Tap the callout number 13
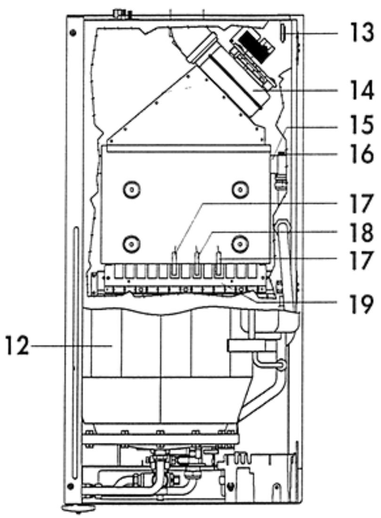(x=361, y=33)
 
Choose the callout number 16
(x=361, y=154)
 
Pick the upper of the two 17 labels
(x=361, y=204)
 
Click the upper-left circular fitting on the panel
(x=131, y=190)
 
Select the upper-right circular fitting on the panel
(x=240, y=190)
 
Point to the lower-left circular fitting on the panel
(x=131, y=243)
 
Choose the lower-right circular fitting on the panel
(x=240, y=243)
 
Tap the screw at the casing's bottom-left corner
(x=70, y=486)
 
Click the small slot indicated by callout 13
(x=283, y=32)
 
